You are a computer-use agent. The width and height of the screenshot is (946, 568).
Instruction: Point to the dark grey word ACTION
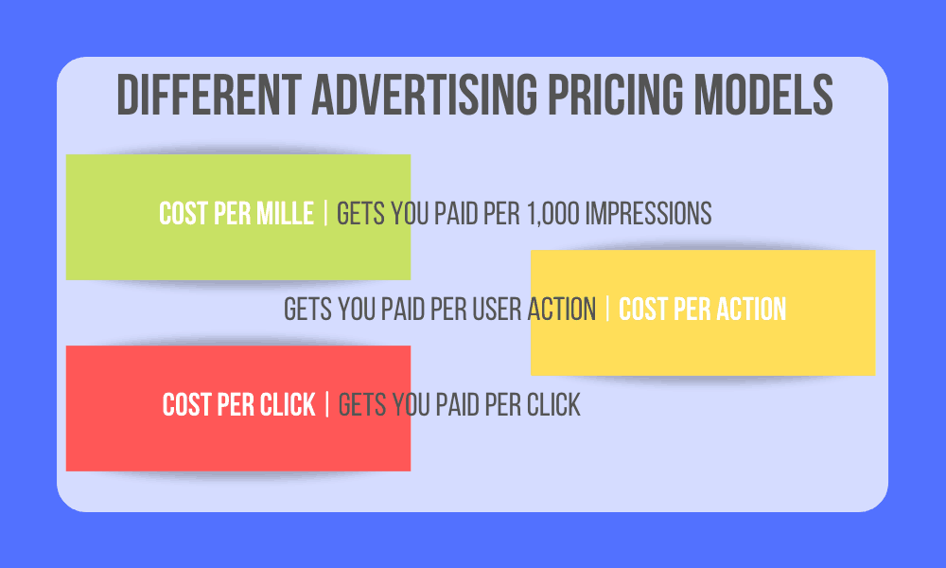click(x=562, y=310)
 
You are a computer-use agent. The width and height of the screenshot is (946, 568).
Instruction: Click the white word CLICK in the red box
click(x=287, y=405)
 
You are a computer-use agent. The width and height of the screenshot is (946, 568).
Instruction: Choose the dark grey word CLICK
click(x=552, y=405)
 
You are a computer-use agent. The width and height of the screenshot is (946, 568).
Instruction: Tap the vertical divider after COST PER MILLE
click(x=325, y=214)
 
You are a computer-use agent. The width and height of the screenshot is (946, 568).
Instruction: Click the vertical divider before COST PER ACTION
click(x=607, y=310)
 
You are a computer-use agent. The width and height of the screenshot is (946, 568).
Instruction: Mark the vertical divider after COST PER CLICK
click(x=327, y=405)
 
